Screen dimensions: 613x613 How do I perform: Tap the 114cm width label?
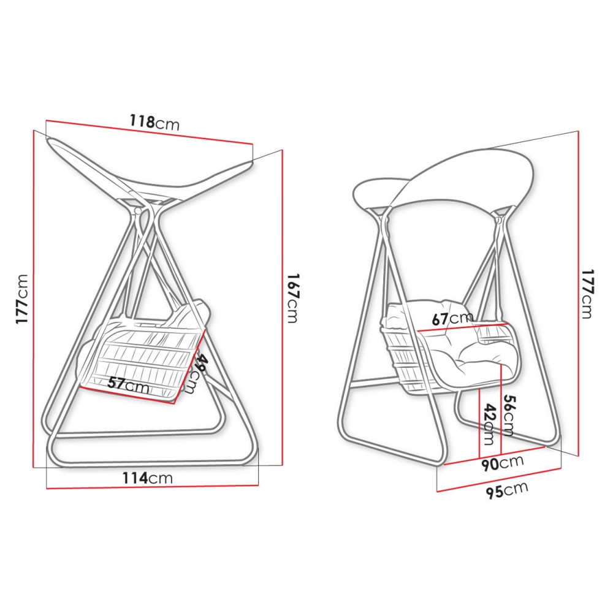[x=147, y=478]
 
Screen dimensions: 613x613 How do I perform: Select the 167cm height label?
[x=292, y=299]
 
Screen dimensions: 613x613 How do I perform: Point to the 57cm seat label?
[x=128, y=385]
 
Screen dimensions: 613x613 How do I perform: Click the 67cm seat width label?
[x=452, y=318]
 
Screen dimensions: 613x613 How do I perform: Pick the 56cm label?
[x=508, y=415]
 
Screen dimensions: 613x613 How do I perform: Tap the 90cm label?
[x=502, y=463]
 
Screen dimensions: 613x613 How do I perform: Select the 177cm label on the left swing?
[x=22, y=299]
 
